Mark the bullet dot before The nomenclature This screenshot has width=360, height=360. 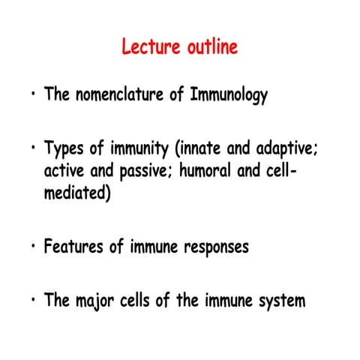[33, 97]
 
